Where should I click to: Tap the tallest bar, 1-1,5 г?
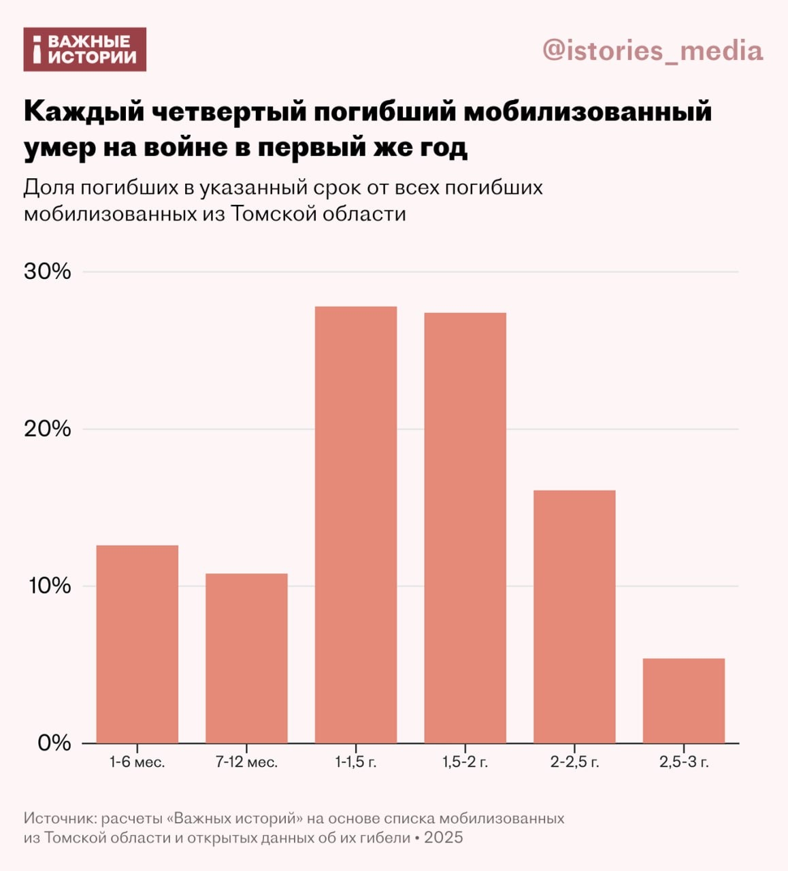(x=356, y=525)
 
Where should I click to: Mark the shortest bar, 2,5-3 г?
(x=683, y=700)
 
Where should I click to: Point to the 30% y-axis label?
(x=48, y=272)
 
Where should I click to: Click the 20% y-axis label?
(x=48, y=429)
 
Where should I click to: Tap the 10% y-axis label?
(x=49, y=586)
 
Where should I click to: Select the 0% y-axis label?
(x=54, y=742)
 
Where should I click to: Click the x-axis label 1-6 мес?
(x=137, y=762)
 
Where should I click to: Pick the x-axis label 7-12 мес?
(x=246, y=762)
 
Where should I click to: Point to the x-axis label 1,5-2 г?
(x=465, y=762)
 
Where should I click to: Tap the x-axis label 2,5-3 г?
(x=684, y=762)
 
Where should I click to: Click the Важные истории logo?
(x=85, y=50)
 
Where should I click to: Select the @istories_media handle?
(x=653, y=51)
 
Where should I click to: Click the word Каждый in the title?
(x=84, y=112)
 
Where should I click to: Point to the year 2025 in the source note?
(x=443, y=837)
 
